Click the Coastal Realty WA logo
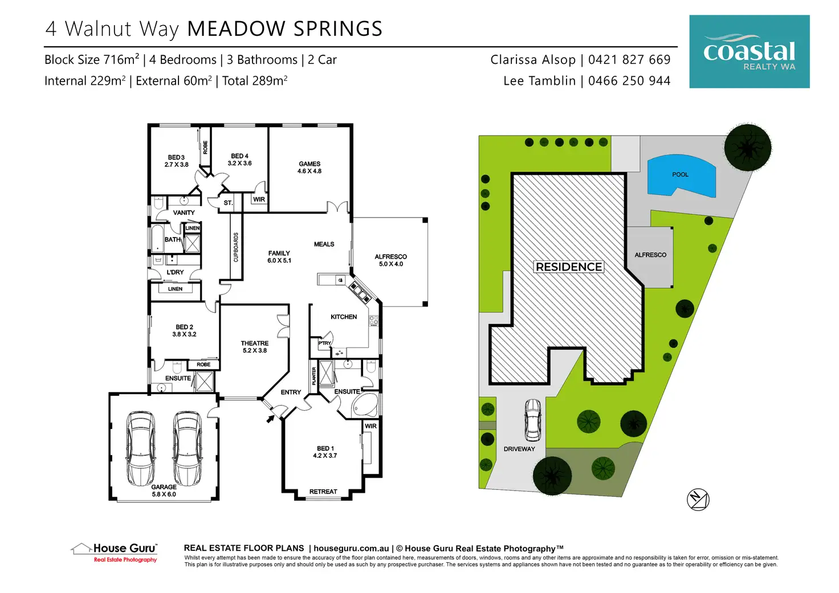click(x=749, y=52)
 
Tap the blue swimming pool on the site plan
click(x=681, y=175)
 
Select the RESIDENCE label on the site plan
click(x=569, y=267)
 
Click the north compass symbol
click(x=698, y=500)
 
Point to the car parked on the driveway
click(x=532, y=420)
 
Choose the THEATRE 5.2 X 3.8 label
click(x=254, y=347)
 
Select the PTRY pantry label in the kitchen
click(x=324, y=343)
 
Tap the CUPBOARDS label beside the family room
click(x=236, y=247)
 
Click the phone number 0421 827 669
click(x=629, y=59)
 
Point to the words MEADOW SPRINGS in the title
click(x=284, y=29)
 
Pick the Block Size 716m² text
click(x=92, y=59)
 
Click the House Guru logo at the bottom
click(x=114, y=553)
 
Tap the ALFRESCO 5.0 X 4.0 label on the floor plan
click(x=390, y=260)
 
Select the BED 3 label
click(x=176, y=157)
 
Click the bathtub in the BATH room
click(x=157, y=239)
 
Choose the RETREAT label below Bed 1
click(x=323, y=492)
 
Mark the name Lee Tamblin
click(x=539, y=81)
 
